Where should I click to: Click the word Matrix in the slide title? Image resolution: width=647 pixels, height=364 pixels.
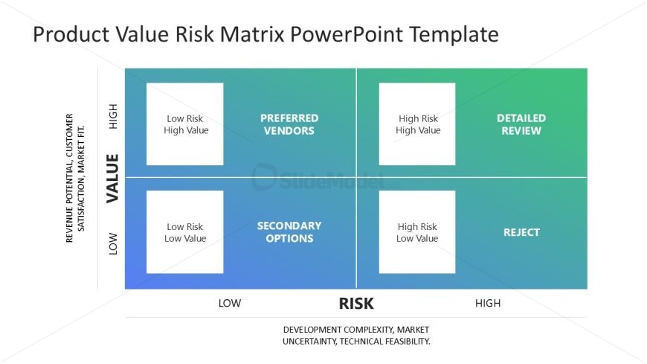(x=252, y=34)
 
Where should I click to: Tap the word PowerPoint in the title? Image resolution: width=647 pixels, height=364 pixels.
(x=347, y=34)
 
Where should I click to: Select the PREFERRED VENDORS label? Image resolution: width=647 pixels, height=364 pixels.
(x=289, y=124)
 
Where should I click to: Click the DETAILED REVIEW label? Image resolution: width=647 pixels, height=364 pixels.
(x=521, y=124)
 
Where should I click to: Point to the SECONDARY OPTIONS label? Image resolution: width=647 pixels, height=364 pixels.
(x=289, y=232)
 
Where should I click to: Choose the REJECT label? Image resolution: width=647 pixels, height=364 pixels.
(x=521, y=232)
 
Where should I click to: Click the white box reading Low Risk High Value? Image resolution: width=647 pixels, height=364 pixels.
(x=185, y=124)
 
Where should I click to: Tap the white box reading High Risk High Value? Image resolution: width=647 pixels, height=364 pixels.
(x=417, y=124)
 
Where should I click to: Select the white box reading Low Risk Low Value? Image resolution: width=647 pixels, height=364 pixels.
(x=185, y=232)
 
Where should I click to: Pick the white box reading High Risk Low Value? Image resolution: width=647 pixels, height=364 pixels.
(x=417, y=232)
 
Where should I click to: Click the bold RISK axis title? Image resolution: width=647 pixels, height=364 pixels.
(x=356, y=304)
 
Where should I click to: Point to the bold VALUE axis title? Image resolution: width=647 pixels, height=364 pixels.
(x=112, y=179)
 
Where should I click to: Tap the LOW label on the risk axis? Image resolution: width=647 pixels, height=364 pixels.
(x=230, y=303)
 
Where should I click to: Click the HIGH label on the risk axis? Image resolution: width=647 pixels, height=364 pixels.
(x=488, y=303)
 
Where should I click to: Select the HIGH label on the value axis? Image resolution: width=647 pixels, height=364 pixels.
(x=112, y=117)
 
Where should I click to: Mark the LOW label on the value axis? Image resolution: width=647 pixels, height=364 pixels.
(x=112, y=243)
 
